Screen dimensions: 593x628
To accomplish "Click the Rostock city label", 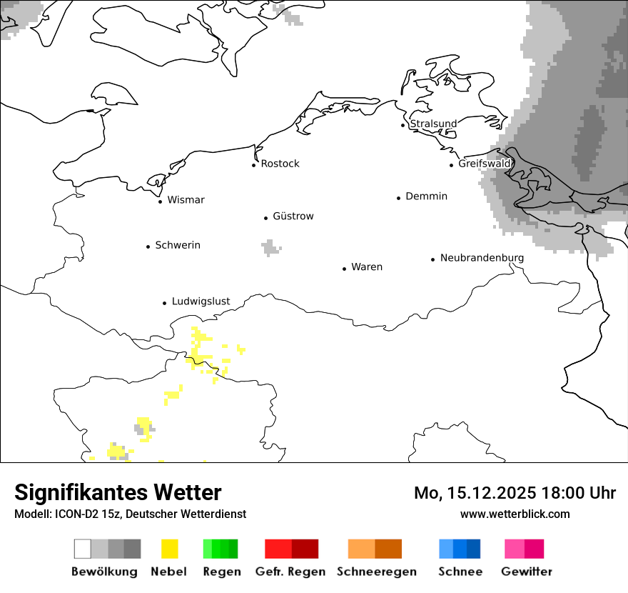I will pyautogui.click(x=280, y=164).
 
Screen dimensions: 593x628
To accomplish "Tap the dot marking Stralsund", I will pyautogui.click(x=403, y=125).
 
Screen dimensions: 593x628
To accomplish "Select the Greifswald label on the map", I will pyautogui.click(x=485, y=164).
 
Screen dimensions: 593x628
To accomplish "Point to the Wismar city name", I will pyautogui.click(x=186, y=200).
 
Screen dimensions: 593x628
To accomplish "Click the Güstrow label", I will pyautogui.click(x=293, y=216).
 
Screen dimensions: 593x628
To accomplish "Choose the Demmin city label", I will pyautogui.click(x=426, y=196).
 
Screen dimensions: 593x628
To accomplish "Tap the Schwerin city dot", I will pyautogui.click(x=148, y=246).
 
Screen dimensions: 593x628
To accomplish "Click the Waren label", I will pyautogui.click(x=367, y=267).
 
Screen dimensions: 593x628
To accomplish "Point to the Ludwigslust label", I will pyautogui.click(x=201, y=302).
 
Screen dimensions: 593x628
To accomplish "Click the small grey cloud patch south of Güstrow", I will pyautogui.click(x=270, y=248).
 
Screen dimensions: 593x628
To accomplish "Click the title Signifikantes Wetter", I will pyautogui.click(x=118, y=492).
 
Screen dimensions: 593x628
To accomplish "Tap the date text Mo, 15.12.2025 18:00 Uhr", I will pyautogui.click(x=515, y=493).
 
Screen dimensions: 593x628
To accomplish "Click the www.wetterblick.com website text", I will pyautogui.click(x=515, y=514).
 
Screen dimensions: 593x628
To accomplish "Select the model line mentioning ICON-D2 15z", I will pyautogui.click(x=130, y=514).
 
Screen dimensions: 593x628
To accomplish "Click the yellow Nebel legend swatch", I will pyautogui.click(x=169, y=549).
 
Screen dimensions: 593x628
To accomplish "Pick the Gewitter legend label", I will pyautogui.click(x=527, y=572).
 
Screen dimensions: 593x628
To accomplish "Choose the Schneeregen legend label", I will pyautogui.click(x=377, y=572).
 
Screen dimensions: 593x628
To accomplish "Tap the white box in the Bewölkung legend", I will pyautogui.click(x=83, y=549).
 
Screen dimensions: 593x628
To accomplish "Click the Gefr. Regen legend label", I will pyautogui.click(x=290, y=572).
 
